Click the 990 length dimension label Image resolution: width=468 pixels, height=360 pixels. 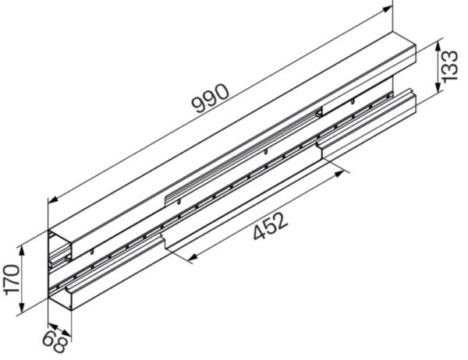pyautogui.click(x=211, y=99)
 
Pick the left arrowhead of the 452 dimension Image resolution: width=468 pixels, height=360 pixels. pyautogui.click(x=190, y=260)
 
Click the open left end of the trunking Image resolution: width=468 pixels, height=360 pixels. pyautogui.click(x=59, y=265)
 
